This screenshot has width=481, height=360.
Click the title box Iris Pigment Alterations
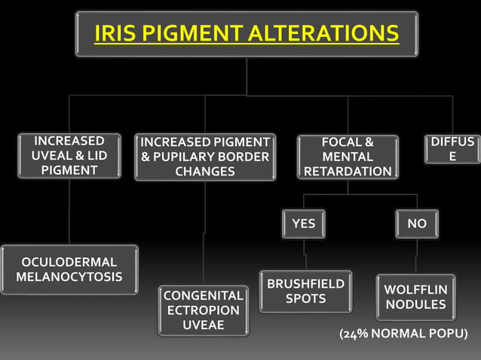(x=247, y=34)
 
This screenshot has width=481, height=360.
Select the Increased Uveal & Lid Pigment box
(x=69, y=156)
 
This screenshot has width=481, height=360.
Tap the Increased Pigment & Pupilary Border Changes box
(x=205, y=157)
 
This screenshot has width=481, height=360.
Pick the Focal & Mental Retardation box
(x=348, y=157)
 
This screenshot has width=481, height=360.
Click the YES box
(x=304, y=224)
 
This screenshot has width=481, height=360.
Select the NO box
(x=416, y=224)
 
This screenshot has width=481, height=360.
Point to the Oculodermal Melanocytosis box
(x=69, y=270)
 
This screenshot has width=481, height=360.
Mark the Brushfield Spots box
(x=305, y=291)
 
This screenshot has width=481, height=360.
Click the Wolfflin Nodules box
(x=415, y=297)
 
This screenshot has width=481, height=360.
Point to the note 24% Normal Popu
(x=403, y=334)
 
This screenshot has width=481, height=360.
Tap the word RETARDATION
(x=348, y=172)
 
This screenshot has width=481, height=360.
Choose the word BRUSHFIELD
(x=305, y=283)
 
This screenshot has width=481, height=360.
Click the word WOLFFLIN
(x=415, y=290)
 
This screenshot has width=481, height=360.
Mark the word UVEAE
(x=203, y=325)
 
